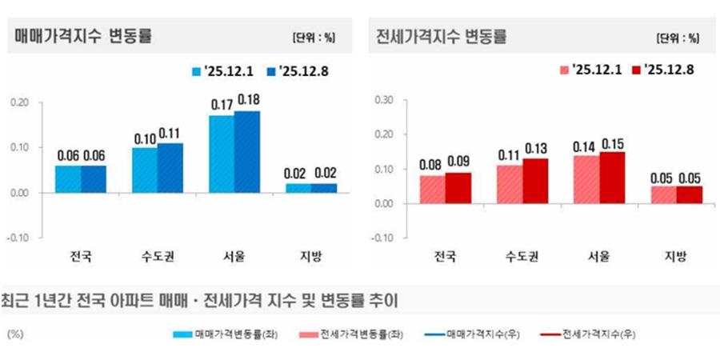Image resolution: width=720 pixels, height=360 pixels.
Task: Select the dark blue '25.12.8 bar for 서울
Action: pos(247,152)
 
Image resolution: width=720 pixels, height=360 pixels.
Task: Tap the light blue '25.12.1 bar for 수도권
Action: pos(145,170)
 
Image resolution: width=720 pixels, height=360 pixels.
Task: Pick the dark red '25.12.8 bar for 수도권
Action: pos(535,181)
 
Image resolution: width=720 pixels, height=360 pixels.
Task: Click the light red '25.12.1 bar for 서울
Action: pos(586,179)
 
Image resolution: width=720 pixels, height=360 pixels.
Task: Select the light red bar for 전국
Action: pos(432,190)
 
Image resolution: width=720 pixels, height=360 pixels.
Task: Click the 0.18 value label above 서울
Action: pos(247,102)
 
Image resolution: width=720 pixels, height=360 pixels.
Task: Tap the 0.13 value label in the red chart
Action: pos(535,149)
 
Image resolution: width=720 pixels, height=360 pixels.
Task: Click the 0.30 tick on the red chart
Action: pos(383,100)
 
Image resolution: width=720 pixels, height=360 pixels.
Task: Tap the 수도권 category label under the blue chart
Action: pos(157,258)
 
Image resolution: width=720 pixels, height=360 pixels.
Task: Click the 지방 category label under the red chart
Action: pos(676,258)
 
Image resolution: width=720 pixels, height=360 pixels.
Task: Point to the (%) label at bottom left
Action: pos(16,334)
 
